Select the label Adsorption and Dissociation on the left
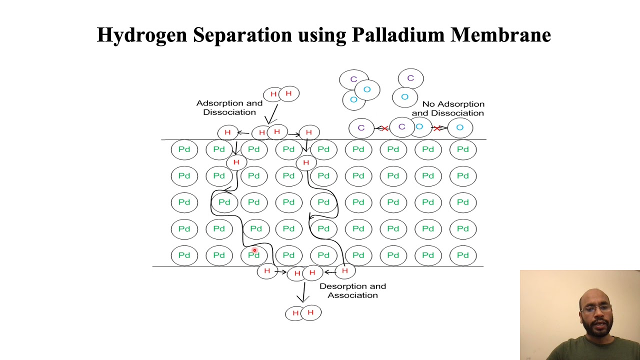click(x=229, y=107)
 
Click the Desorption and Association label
click(x=352, y=290)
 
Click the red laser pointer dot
click(x=254, y=250)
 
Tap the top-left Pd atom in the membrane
click(x=184, y=149)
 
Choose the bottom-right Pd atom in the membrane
click(x=462, y=255)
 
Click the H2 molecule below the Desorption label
click(x=303, y=312)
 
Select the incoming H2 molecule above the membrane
click(x=281, y=94)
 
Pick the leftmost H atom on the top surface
click(x=228, y=132)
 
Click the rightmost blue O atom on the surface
click(x=460, y=127)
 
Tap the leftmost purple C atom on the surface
click(x=361, y=127)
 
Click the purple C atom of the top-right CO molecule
click(x=410, y=78)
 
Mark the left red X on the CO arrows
click(x=384, y=128)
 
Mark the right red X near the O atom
click(x=437, y=128)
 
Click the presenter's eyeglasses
click(x=596, y=308)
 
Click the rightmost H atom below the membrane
click(x=344, y=270)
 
